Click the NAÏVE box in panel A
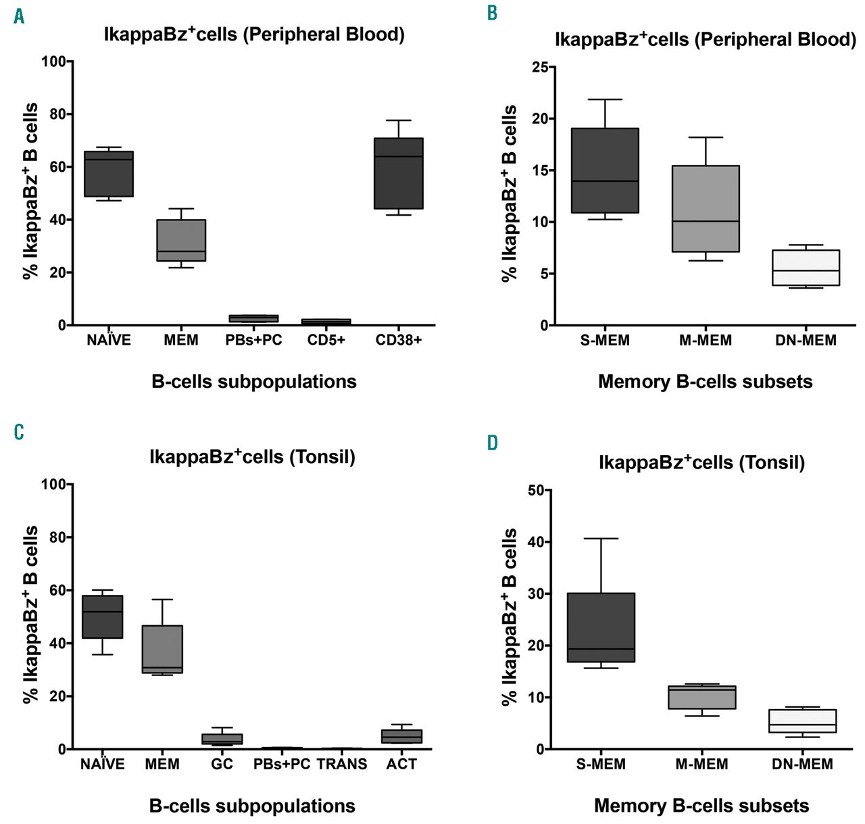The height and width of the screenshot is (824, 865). tap(109, 174)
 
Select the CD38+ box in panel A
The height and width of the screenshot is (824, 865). tap(399, 173)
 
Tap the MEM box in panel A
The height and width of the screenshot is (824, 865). tap(181, 240)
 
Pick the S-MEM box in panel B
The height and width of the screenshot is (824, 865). tap(605, 170)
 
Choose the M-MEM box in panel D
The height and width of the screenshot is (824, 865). tap(702, 697)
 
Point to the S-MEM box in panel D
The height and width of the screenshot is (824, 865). tap(601, 627)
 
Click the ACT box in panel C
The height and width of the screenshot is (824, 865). tap(402, 736)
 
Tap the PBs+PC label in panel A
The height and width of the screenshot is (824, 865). tap(253, 340)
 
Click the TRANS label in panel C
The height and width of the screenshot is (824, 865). tap(342, 765)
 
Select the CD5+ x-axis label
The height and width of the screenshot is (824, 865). tap(326, 340)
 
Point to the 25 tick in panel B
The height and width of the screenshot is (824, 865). tap(540, 67)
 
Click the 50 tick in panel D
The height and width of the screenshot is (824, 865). tap(536, 490)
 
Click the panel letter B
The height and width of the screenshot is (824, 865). tap(492, 13)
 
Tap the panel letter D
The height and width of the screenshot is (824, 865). tap(493, 443)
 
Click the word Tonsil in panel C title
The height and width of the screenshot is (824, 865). tap(322, 458)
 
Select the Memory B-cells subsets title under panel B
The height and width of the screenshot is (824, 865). tap(705, 382)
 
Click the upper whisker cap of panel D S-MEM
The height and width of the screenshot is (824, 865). tap(601, 539)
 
